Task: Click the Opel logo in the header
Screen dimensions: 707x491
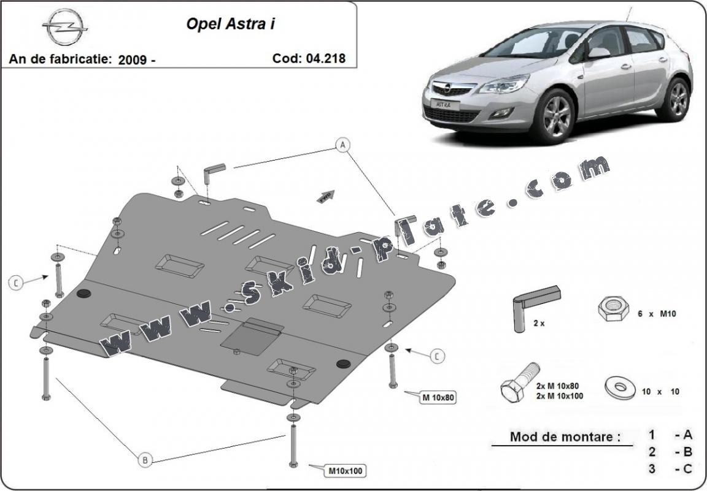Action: [65, 27]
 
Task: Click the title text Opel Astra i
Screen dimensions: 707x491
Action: [230, 24]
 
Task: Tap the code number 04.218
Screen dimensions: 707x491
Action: [325, 58]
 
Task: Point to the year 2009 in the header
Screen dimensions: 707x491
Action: [133, 59]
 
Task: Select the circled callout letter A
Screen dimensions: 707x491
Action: [342, 145]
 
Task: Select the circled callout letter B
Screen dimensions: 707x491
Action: [145, 460]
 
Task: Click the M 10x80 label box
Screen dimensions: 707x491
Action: [438, 398]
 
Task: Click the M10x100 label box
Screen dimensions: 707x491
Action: [345, 471]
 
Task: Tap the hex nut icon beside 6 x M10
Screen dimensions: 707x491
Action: [613, 308]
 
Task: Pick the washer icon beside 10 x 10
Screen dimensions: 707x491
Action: [620, 387]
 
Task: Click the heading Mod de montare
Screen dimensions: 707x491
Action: [565, 436]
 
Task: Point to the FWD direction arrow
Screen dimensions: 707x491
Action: [326, 196]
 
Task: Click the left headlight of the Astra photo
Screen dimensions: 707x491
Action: [504, 84]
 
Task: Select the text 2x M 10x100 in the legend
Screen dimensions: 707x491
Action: [560, 396]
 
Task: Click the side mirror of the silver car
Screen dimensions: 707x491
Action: [599, 53]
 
